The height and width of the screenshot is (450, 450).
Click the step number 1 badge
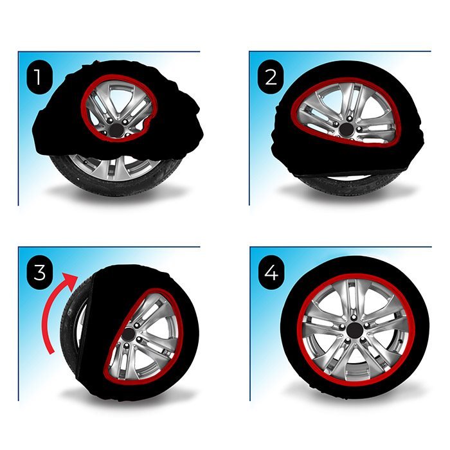pyautogui.click(x=40, y=78)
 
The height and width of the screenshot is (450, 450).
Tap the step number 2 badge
pyautogui.click(x=271, y=78)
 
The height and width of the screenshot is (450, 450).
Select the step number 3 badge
pyautogui.click(x=40, y=273)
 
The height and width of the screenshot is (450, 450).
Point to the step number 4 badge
pyautogui.click(x=271, y=273)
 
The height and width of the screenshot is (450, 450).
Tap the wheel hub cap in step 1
pyautogui.click(x=116, y=129)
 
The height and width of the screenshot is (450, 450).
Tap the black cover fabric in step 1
pyautogui.click(x=58, y=122)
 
